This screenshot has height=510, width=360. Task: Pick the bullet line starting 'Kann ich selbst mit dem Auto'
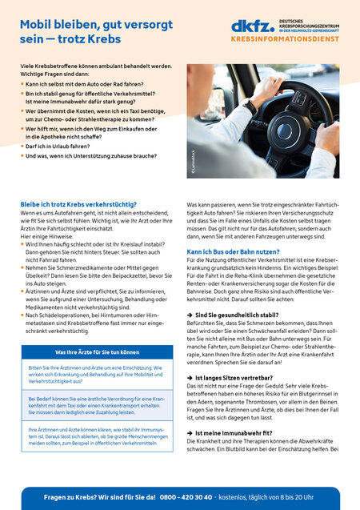[x=86, y=83]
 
